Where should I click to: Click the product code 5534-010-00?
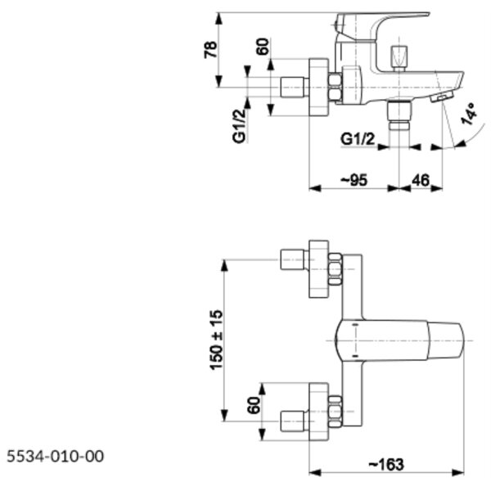click(55, 457)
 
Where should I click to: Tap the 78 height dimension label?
click(210, 49)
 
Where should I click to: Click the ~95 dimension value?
click(354, 180)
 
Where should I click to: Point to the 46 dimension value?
click(421, 180)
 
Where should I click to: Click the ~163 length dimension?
click(386, 464)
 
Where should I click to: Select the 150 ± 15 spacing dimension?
click(216, 340)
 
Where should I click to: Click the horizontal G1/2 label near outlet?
click(358, 139)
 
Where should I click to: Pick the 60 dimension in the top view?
click(263, 47)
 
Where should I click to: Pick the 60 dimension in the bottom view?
click(254, 405)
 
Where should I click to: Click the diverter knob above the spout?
click(399, 58)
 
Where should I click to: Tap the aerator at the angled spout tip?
click(442, 97)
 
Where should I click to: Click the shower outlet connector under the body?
click(399, 115)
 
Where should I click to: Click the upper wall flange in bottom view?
click(319, 269)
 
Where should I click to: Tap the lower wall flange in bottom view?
click(319, 412)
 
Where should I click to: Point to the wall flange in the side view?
click(319, 88)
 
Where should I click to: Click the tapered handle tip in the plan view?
click(445, 340)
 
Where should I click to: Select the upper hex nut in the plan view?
click(335, 269)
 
